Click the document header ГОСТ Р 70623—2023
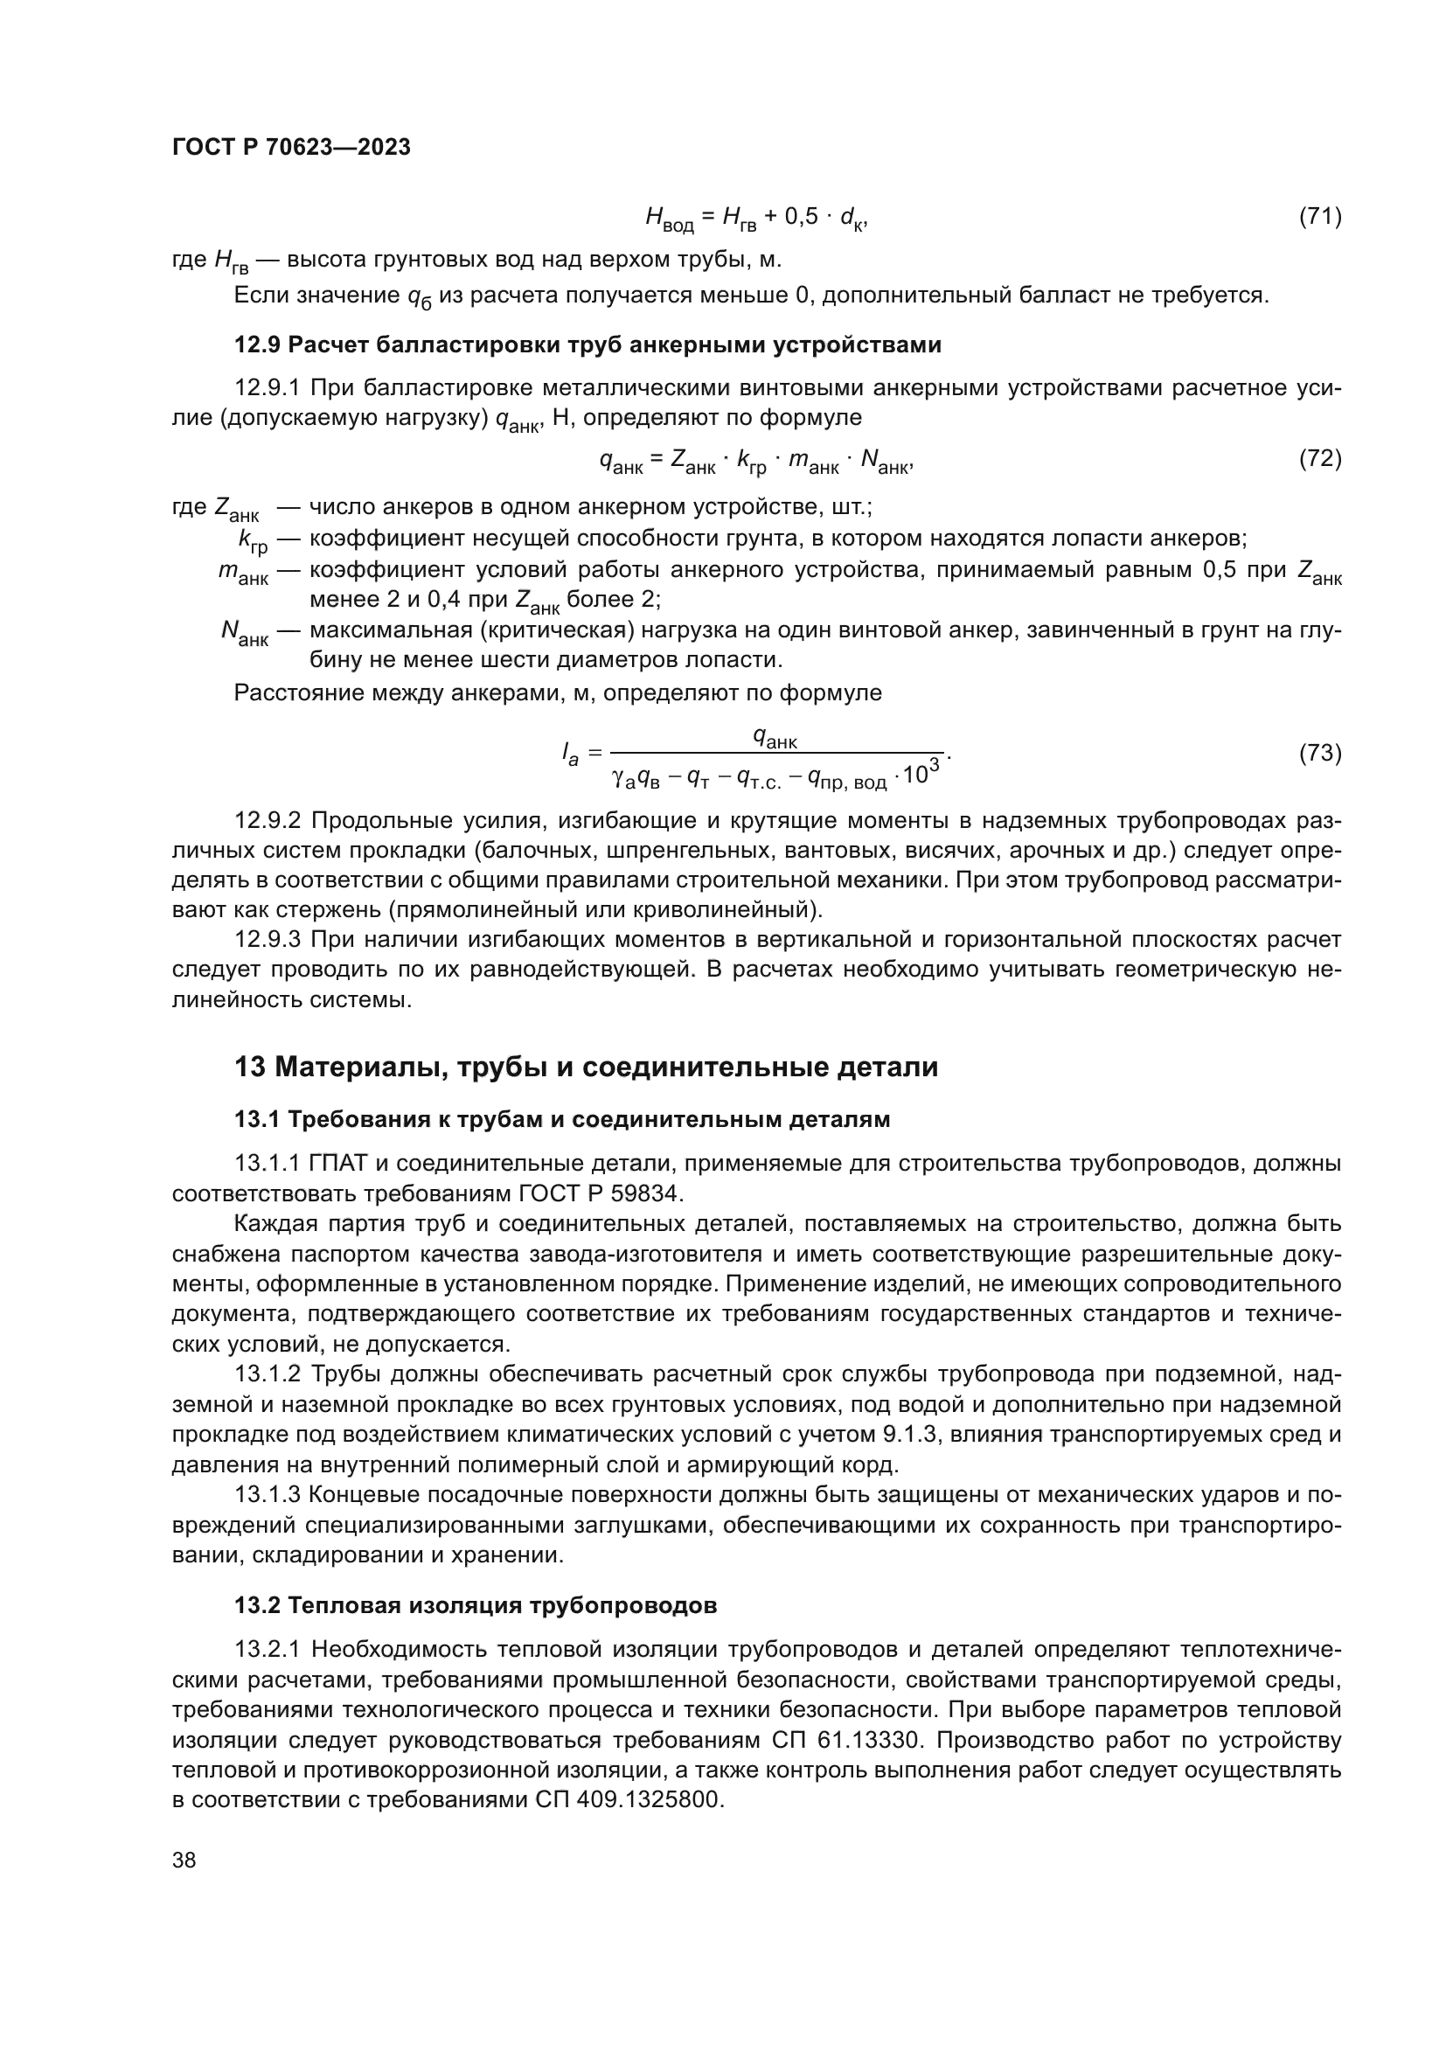291,148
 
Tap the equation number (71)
1319,217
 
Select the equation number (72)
1319,459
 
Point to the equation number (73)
1319,754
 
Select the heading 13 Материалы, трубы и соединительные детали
586,1067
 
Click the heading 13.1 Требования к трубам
562,1120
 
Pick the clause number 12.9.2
269,820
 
